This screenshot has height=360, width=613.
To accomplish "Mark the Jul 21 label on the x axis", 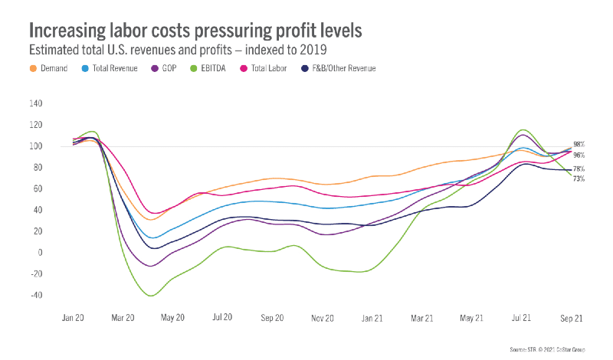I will (x=522, y=316).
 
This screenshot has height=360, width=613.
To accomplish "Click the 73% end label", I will (x=579, y=178).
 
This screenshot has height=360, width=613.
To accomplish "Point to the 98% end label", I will (x=579, y=144).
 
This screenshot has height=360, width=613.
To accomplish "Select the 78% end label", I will (x=579, y=169).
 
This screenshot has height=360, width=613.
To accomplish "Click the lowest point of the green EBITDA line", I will (x=151, y=295).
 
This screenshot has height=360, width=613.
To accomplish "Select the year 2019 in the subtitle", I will (x=313, y=51).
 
